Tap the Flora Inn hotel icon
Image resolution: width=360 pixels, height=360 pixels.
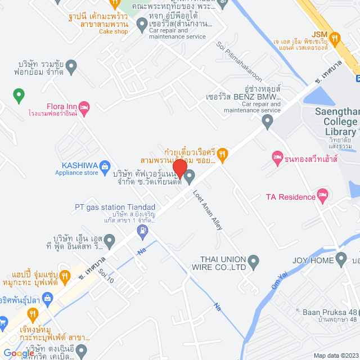tap(85, 106)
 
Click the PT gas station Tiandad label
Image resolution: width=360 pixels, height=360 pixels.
tap(115, 207)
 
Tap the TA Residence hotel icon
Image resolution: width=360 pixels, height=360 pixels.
tap(322, 196)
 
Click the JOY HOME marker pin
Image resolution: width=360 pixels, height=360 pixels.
tap(340, 260)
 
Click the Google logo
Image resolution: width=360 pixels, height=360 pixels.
tap(18, 353)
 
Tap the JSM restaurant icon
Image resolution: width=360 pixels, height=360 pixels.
tap(335, 38)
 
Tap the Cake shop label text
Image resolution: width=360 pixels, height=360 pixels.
tap(114, 31)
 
